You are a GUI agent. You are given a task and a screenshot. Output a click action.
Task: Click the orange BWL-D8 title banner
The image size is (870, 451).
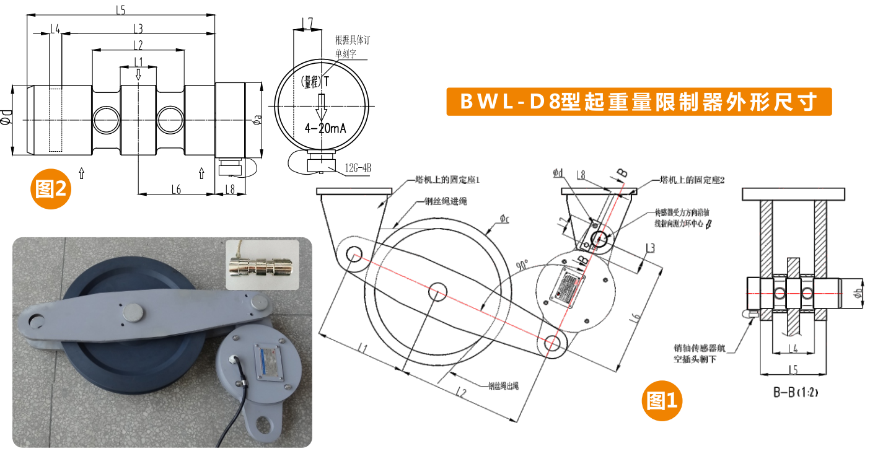point(639,102)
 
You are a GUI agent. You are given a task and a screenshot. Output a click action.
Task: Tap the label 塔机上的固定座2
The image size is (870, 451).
point(691,180)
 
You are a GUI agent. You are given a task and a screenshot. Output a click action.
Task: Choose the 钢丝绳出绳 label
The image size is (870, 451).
point(504,385)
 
